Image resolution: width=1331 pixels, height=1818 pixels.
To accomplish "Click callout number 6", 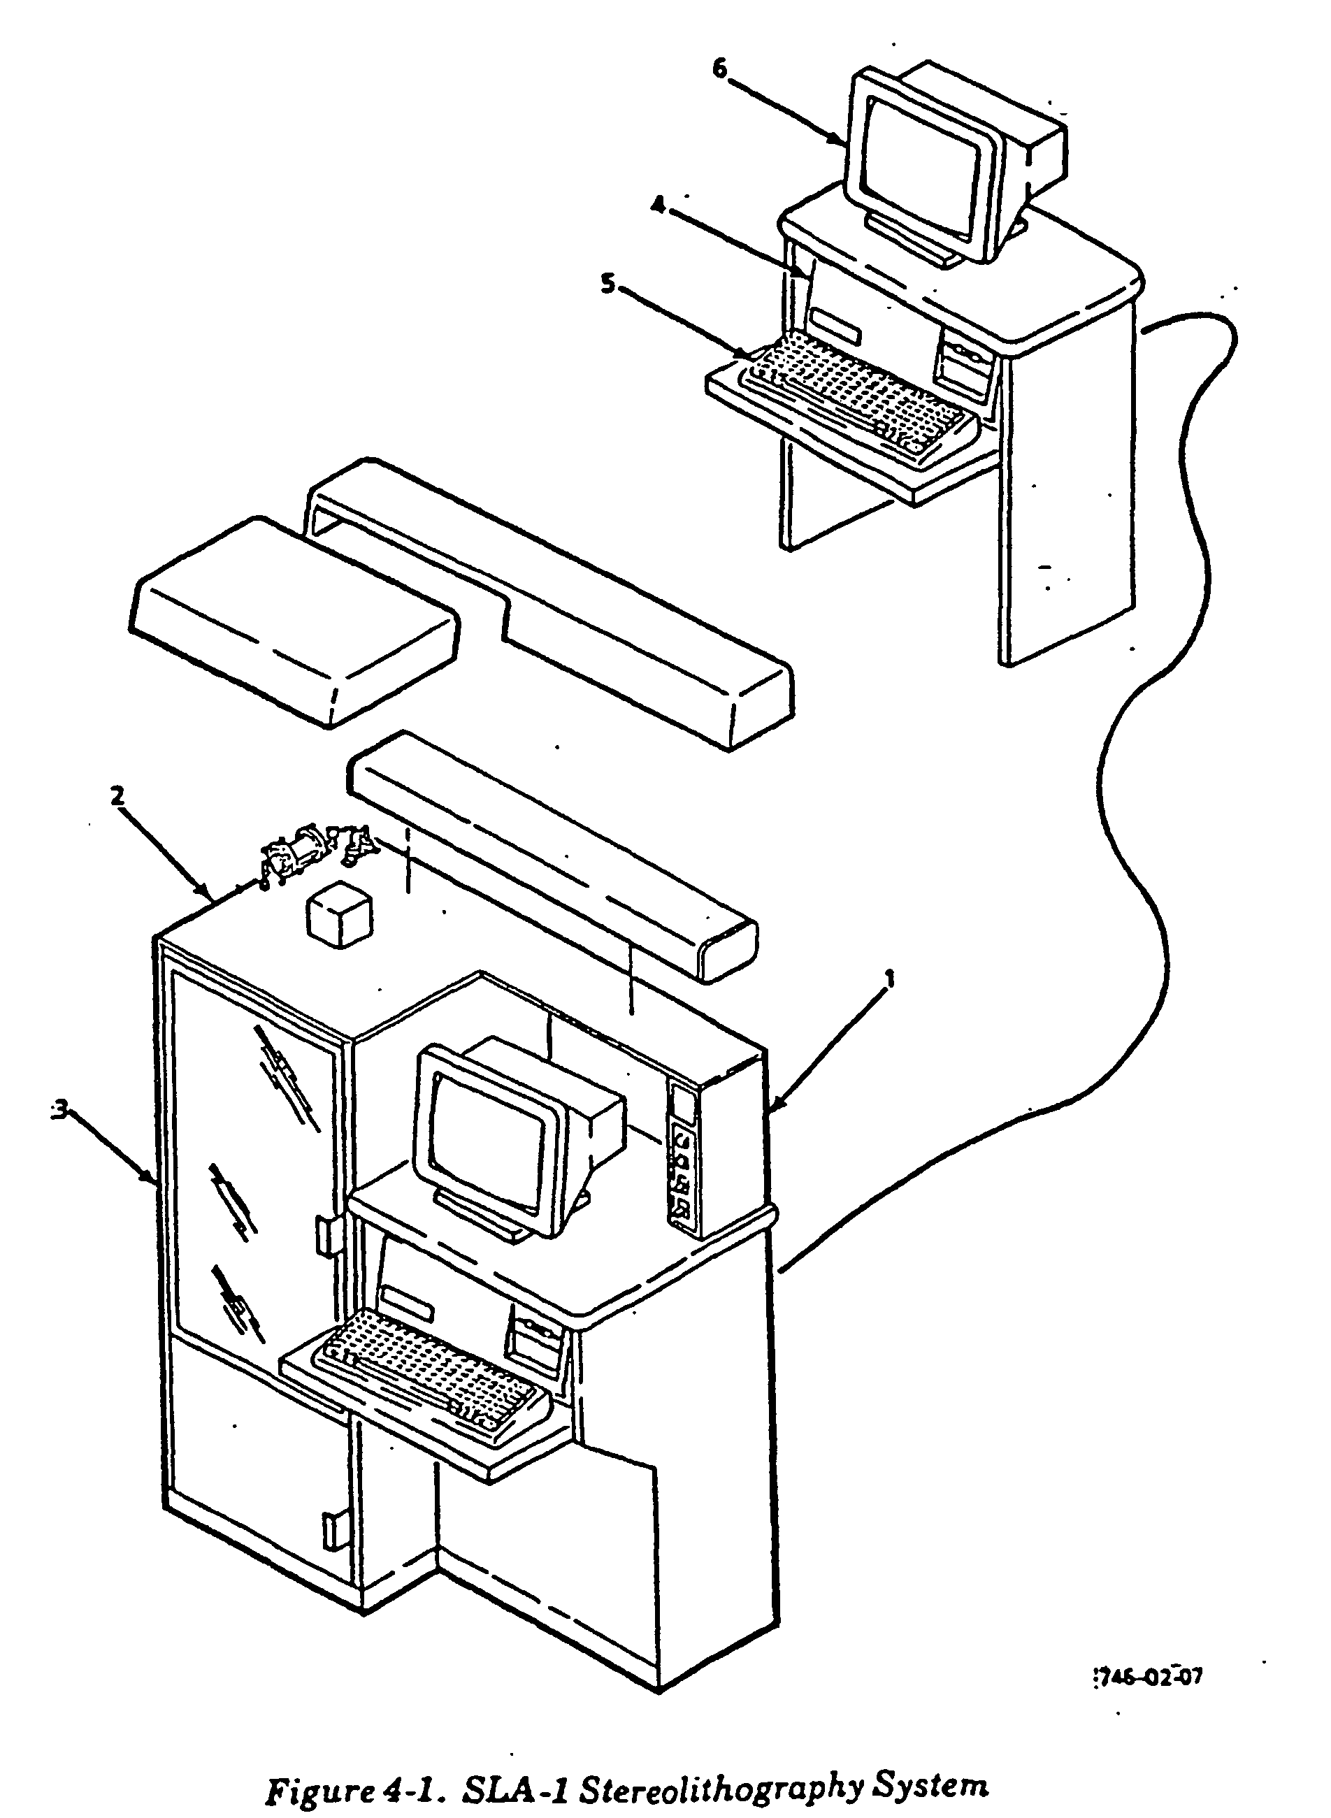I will pos(719,69).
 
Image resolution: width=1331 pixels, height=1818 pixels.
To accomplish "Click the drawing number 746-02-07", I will pos(1151,1654).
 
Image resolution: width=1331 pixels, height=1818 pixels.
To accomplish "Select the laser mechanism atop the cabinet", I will pos(317,854).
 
